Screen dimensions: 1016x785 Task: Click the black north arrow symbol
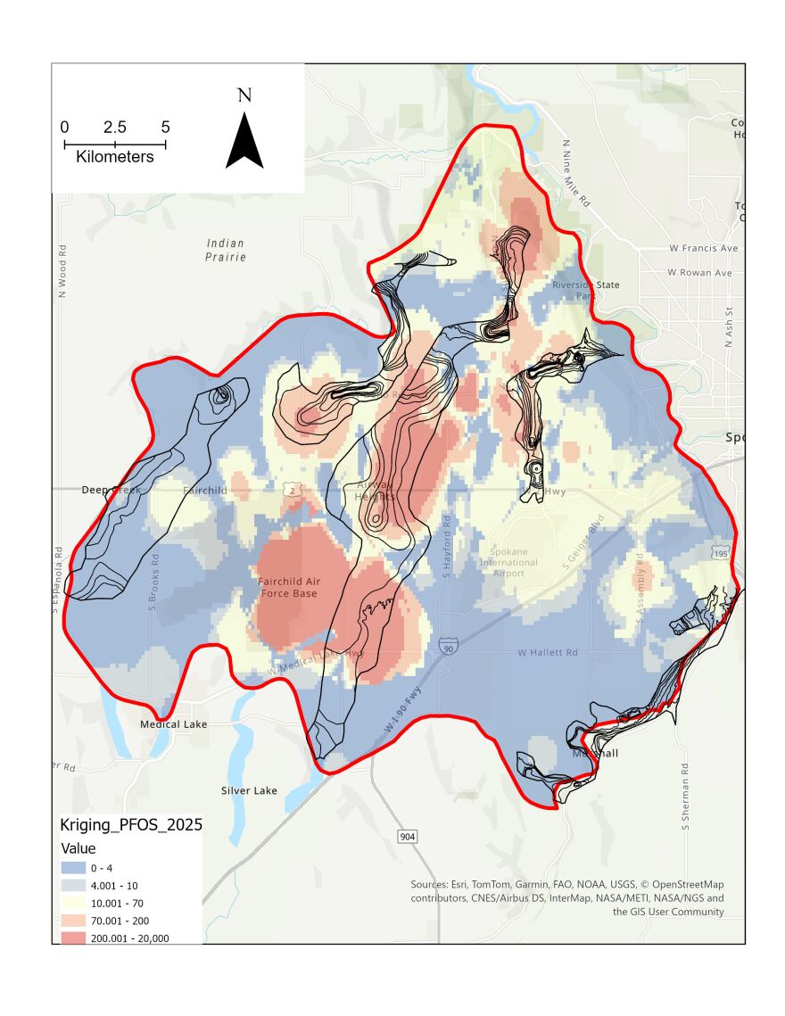pyautogui.click(x=244, y=143)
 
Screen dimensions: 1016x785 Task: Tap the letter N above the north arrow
pyautogui.click(x=244, y=95)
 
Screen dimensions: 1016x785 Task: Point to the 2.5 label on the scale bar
pyautogui.click(x=114, y=127)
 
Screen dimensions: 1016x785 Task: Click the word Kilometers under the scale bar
pyautogui.click(x=115, y=157)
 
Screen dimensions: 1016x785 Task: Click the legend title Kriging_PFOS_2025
pyautogui.click(x=130, y=825)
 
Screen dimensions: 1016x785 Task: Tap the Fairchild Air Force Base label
pyautogui.click(x=288, y=587)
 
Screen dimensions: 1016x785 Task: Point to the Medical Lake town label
pyautogui.click(x=173, y=724)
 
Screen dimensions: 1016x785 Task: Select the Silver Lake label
pyautogui.click(x=249, y=790)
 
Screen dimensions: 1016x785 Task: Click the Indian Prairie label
pyautogui.click(x=225, y=250)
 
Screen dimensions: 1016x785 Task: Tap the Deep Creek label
pyautogui.click(x=106, y=491)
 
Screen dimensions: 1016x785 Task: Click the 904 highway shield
pyautogui.click(x=406, y=835)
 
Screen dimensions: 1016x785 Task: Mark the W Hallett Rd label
pyautogui.click(x=548, y=653)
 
